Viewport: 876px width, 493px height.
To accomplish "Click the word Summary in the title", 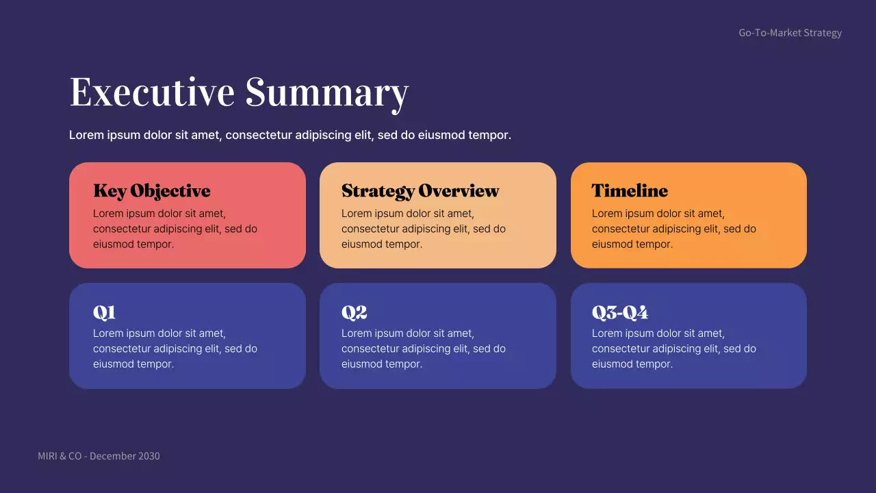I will pyautogui.click(x=327, y=93).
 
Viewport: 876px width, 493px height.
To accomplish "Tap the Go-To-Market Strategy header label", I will pyautogui.click(x=790, y=33).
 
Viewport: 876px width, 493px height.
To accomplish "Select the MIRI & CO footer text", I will pyautogui.click(x=60, y=456).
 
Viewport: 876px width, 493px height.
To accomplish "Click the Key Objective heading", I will pyautogui.click(x=151, y=191).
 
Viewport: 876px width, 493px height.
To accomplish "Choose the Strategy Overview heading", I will pyautogui.click(x=420, y=191).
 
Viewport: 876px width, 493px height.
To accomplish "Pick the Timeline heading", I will pyautogui.click(x=630, y=191).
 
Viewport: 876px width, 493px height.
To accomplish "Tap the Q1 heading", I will pyautogui.click(x=104, y=313).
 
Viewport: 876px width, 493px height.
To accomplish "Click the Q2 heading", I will pyautogui.click(x=354, y=313).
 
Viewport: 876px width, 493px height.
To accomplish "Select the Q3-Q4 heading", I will pyautogui.click(x=619, y=313).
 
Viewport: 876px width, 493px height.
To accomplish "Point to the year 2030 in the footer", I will pyautogui.click(x=149, y=456).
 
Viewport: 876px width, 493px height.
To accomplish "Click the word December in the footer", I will pyautogui.click(x=112, y=456).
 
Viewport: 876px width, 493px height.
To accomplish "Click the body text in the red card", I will pyautogui.click(x=175, y=229).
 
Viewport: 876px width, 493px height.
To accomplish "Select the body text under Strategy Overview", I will pyautogui.click(x=424, y=229).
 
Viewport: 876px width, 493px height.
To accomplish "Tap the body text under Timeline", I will pyautogui.click(x=674, y=229).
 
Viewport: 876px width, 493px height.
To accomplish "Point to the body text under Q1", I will pyautogui.click(x=175, y=349).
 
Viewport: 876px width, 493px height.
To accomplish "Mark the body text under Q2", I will pyautogui.click(x=424, y=349).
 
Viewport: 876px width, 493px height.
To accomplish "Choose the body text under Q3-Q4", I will pyautogui.click(x=674, y=349).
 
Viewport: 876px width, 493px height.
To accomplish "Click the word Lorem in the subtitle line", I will pyautogui.click(x=86, y=135).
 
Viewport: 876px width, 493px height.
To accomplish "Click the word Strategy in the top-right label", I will pyautogui.click(x=823, y=33).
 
